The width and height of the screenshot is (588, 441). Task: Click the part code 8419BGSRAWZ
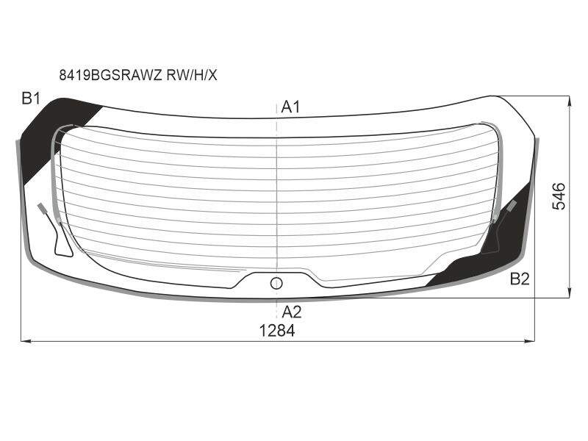pos(111,76)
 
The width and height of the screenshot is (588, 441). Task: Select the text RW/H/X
pos(192,76)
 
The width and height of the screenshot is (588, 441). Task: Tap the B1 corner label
pos(31,98)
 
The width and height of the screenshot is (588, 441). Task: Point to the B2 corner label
pos(520,279)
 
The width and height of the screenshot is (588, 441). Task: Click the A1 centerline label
pos(290,107)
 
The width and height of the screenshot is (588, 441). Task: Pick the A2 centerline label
pos(291,312)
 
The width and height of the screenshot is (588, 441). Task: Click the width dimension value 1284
pos(277,331)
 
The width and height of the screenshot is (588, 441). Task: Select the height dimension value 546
pos(559,196)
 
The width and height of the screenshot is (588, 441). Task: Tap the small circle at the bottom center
pos(276,284)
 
